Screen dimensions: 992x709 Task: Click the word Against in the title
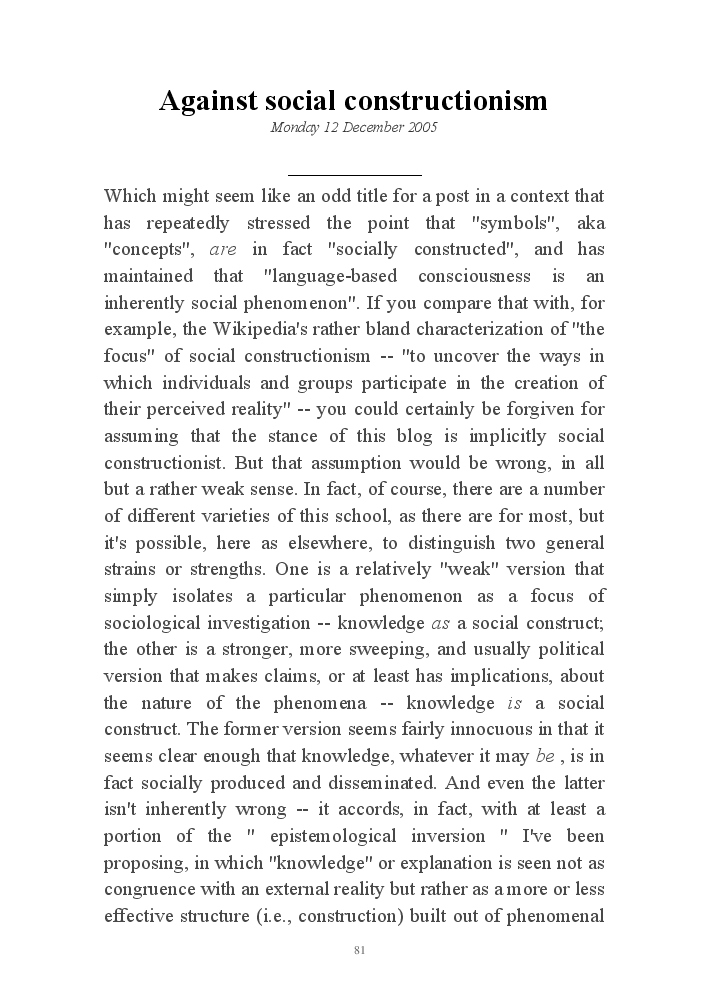208,100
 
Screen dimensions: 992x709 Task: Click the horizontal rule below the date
354,175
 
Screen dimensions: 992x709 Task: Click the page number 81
359,949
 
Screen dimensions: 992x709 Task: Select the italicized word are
223,249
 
